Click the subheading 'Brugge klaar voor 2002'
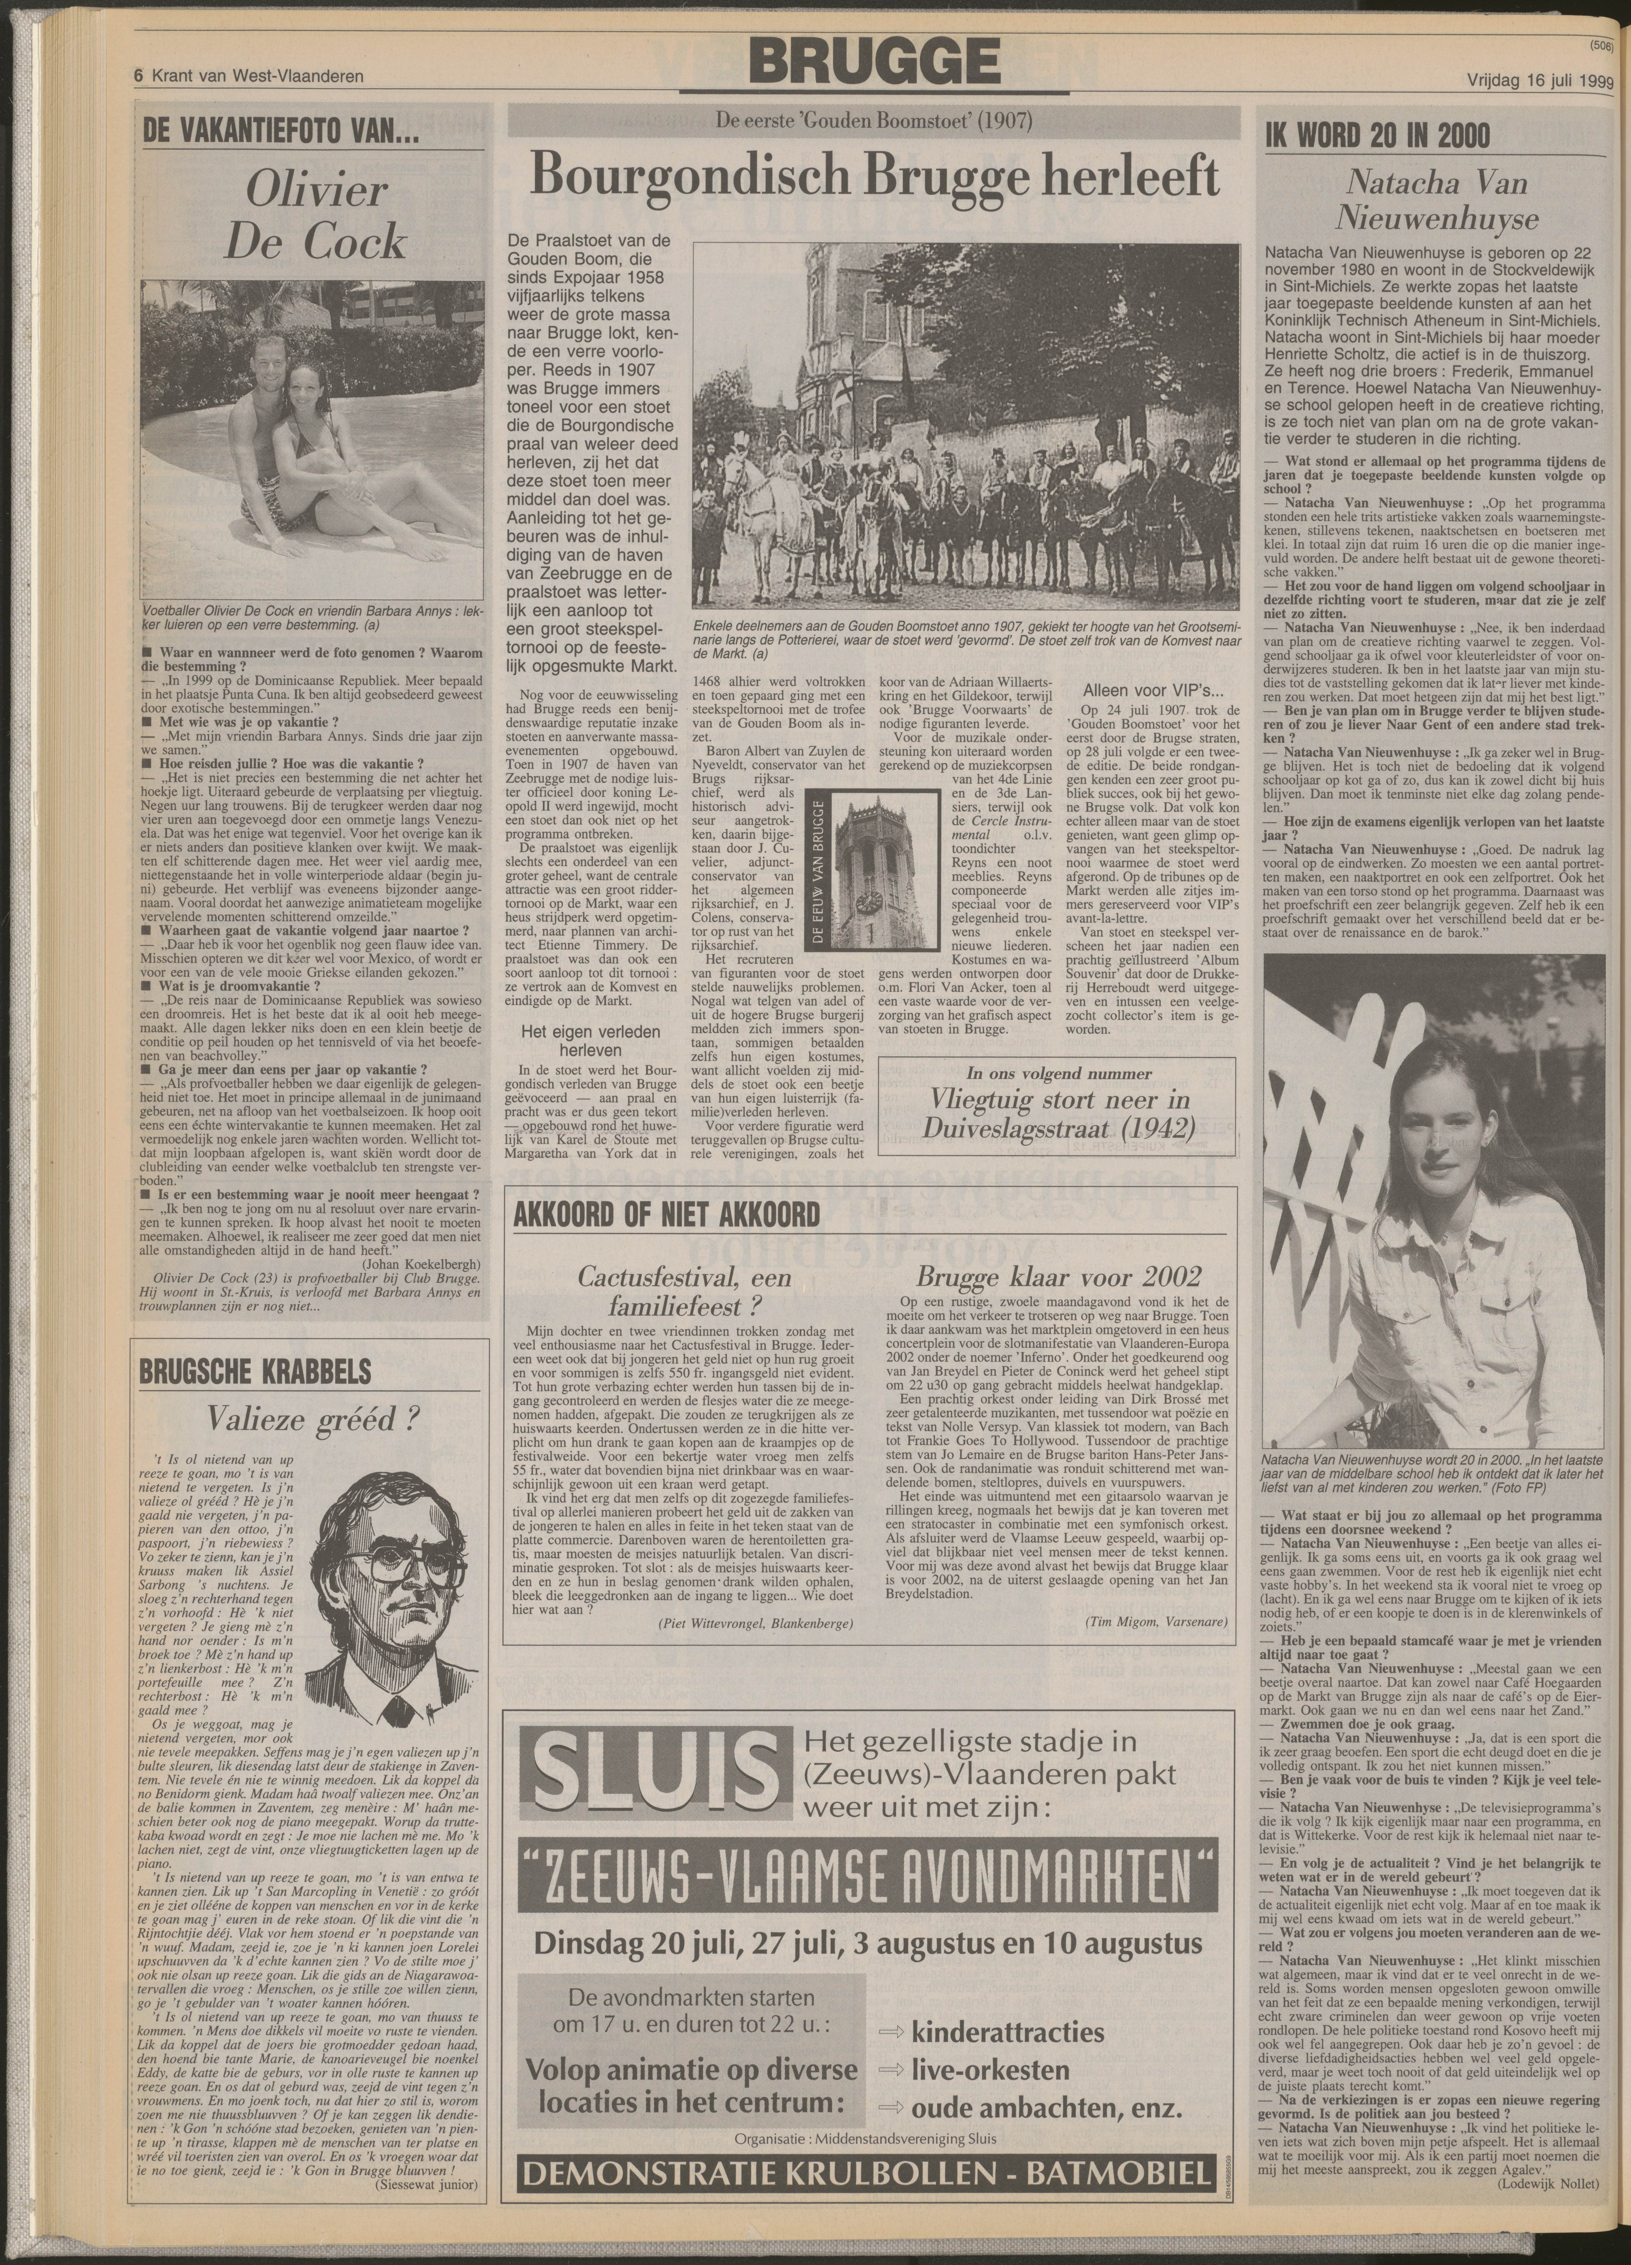pos(1058,1276)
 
